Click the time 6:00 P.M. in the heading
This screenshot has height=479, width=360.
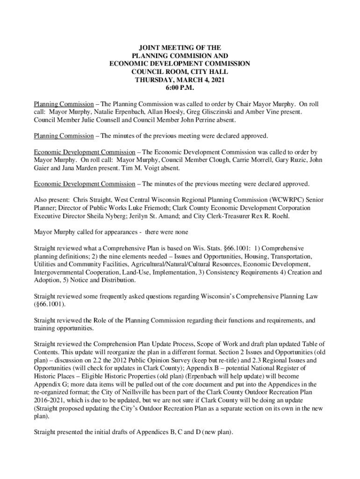tap(180, 87)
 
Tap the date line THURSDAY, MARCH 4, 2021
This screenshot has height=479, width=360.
tap(180, 80)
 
